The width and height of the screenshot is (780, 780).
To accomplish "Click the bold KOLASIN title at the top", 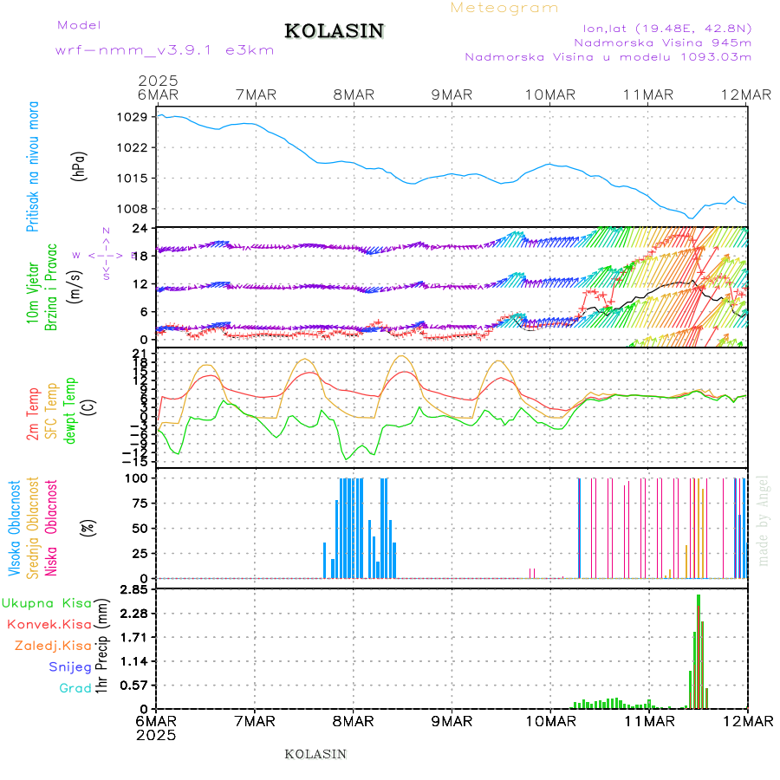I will [334, 31].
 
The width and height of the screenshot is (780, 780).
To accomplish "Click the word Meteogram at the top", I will [505, 8].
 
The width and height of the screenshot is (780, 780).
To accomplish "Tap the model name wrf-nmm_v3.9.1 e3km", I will [165, 50].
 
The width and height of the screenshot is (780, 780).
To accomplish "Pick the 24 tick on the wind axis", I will [138, 228].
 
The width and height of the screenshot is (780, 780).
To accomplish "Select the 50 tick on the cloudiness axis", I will [138, 528].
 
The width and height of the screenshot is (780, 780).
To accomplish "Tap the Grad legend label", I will [75, 688].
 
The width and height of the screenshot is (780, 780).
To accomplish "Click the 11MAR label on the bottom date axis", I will [649, 721].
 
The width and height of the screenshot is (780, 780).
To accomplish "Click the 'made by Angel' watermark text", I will [764, 520].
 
